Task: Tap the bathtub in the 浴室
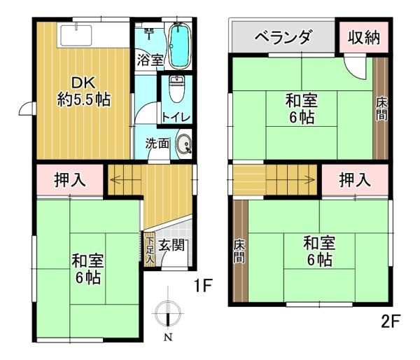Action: coord(180,43)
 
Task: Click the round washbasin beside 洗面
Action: coord(184,145)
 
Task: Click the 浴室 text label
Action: coord(150,60)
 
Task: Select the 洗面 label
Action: coord(157,144)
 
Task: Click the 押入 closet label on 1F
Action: coord(70,180)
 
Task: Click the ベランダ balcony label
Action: coord(282,37)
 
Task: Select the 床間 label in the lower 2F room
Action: coord(239,250)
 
